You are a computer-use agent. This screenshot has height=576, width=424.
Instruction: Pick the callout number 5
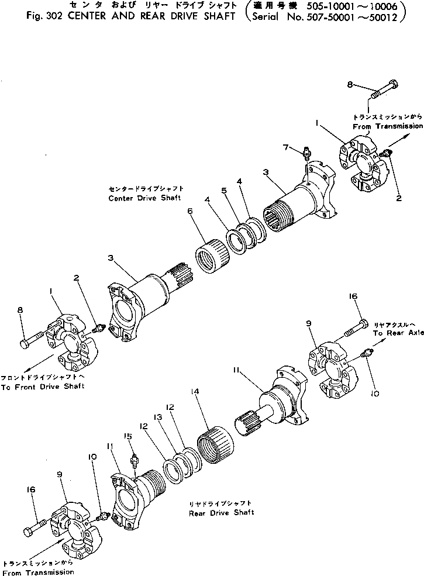tap(224, 190)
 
